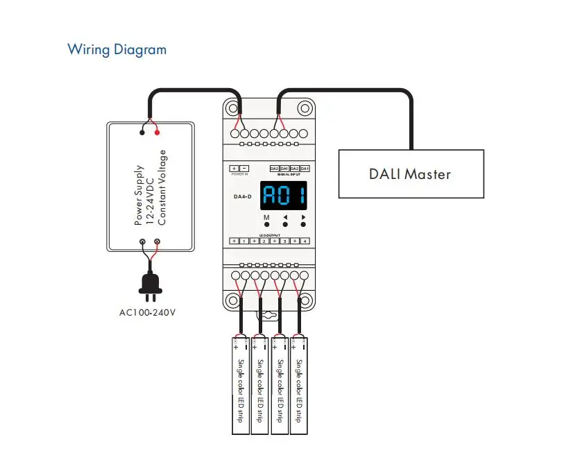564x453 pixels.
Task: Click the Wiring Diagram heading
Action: tap(117, 50)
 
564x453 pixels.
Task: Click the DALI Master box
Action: tap(409, 173)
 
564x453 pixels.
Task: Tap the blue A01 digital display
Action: tap(284, 196)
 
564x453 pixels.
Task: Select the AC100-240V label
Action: tap(148, 312)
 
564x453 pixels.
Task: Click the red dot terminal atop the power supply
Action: tap(157, 132)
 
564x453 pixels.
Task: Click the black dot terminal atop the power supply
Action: tap(142, 132)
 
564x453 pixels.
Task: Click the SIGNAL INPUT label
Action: tap(289, 175)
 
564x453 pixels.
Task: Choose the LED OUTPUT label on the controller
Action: tap(271, 235)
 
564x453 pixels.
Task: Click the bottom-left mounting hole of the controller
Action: tap(232, 300)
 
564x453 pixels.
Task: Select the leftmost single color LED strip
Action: tap(240, 385)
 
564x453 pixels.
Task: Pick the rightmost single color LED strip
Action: tap(299, 385)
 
